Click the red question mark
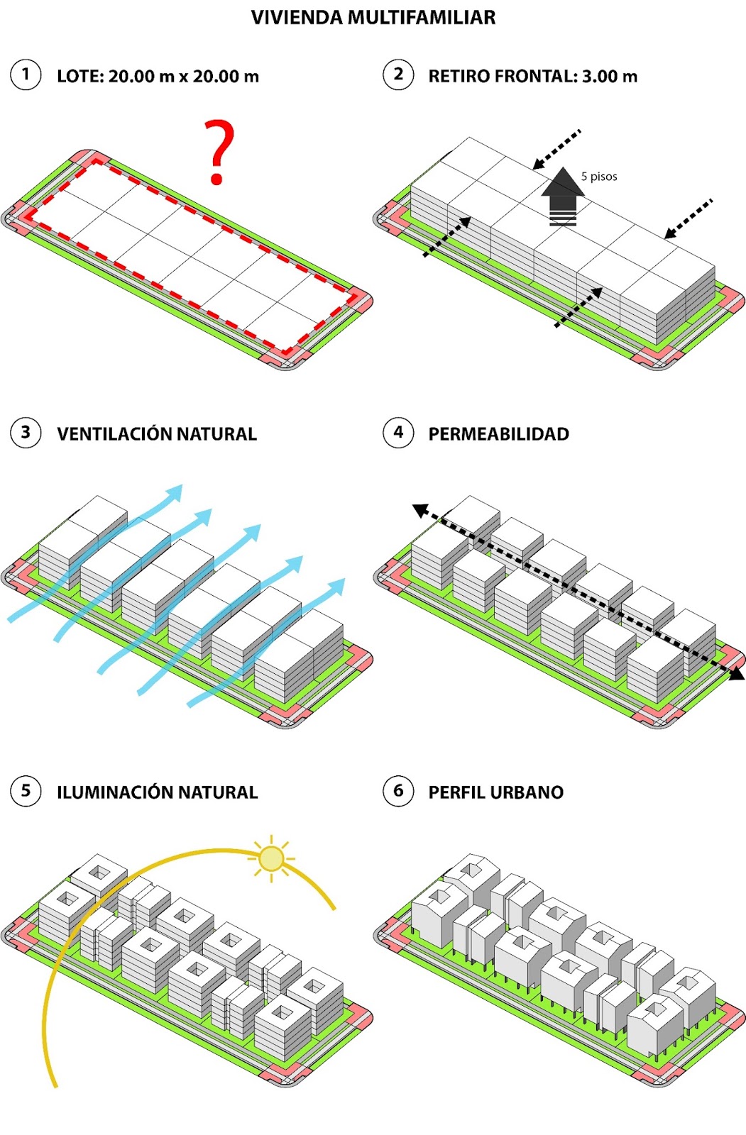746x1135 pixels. (219, 152)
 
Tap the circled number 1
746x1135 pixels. (26, 75)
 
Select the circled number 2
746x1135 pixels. (398, 75)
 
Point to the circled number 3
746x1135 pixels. (26, 433)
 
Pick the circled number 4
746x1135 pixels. (398, 433)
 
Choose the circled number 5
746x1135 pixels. (26, 791)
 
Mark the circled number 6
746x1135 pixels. (398, 791)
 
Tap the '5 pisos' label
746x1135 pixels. (599, 177)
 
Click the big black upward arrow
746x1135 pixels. (563, 196)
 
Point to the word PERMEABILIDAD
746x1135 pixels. (498, 434)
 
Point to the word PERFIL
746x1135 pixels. (457, 792)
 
